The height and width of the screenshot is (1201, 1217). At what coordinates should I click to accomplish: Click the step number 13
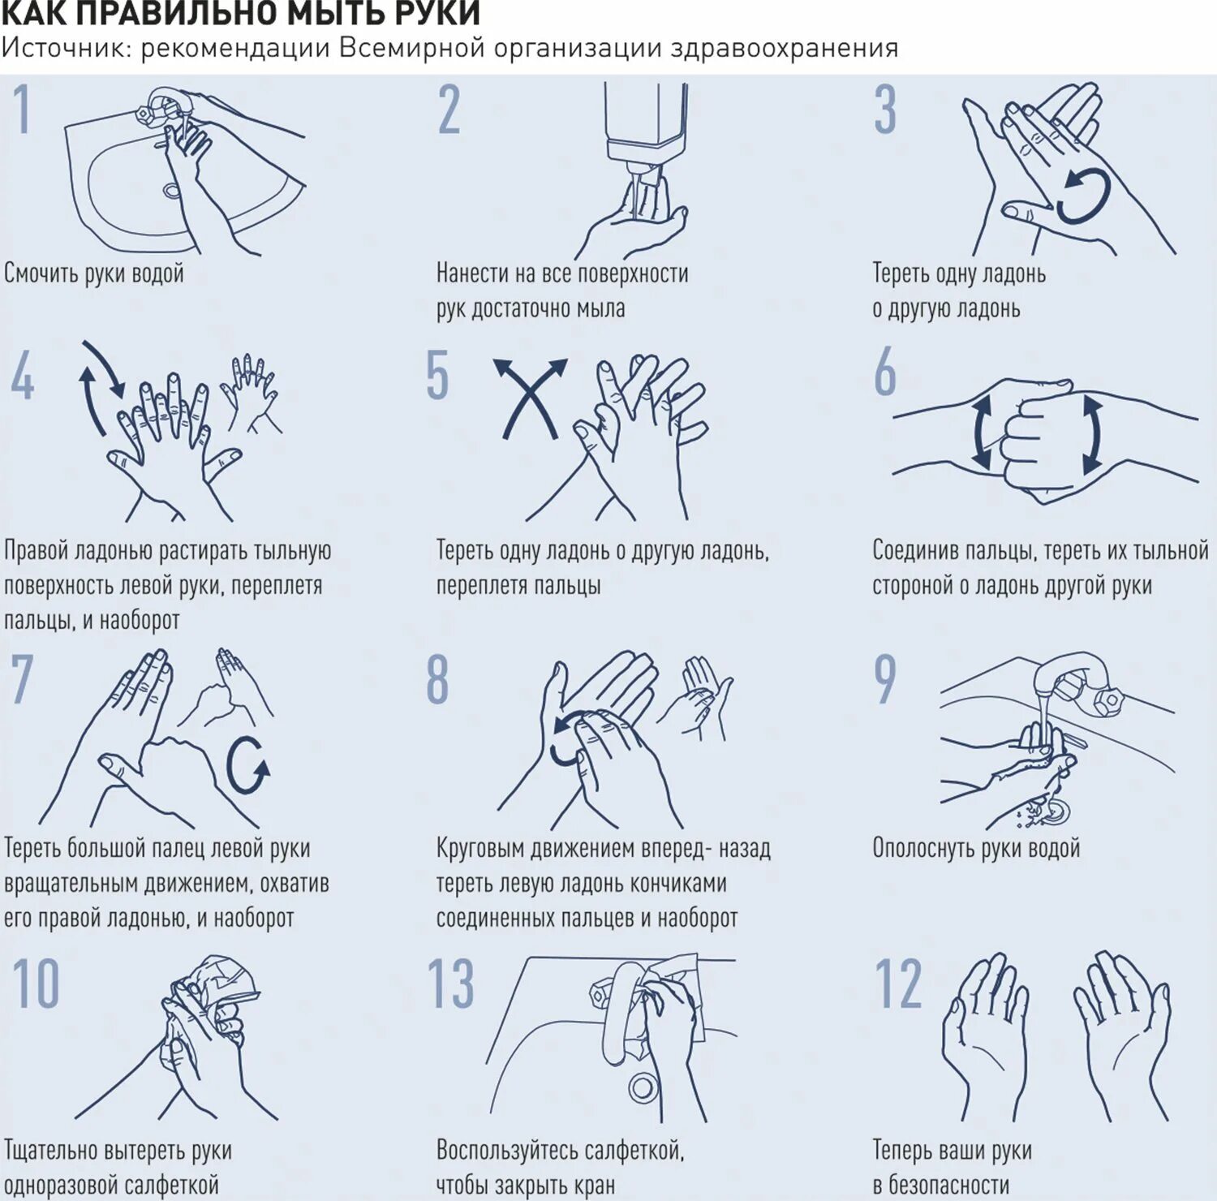click(x=450, y=983)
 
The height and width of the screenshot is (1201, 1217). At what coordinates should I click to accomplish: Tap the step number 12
click(x=898, y=983)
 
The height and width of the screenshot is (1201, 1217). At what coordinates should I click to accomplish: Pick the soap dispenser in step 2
click(x=646, y=122)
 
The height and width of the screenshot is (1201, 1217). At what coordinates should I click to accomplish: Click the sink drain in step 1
click(x=171, y=191)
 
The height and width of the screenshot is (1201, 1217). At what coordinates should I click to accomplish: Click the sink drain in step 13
click(x=643, y=1087)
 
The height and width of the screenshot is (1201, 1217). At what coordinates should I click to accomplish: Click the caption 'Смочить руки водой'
click(x=94, y=273)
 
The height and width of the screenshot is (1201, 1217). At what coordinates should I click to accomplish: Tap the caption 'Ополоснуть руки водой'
click(x=976, y=848)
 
